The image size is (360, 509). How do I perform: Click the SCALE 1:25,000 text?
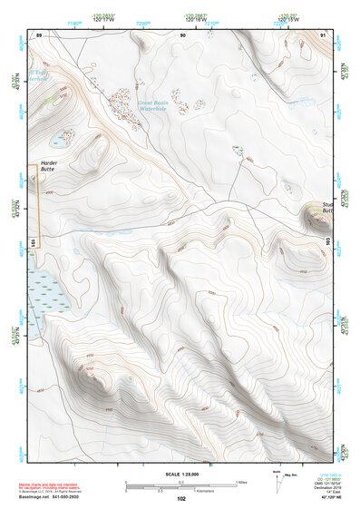181,475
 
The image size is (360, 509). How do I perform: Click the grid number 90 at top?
182,34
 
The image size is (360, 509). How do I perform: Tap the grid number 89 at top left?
39,34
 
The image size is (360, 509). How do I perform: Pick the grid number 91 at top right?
324,34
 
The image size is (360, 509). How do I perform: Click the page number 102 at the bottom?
181,499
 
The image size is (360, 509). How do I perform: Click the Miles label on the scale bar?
241,482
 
